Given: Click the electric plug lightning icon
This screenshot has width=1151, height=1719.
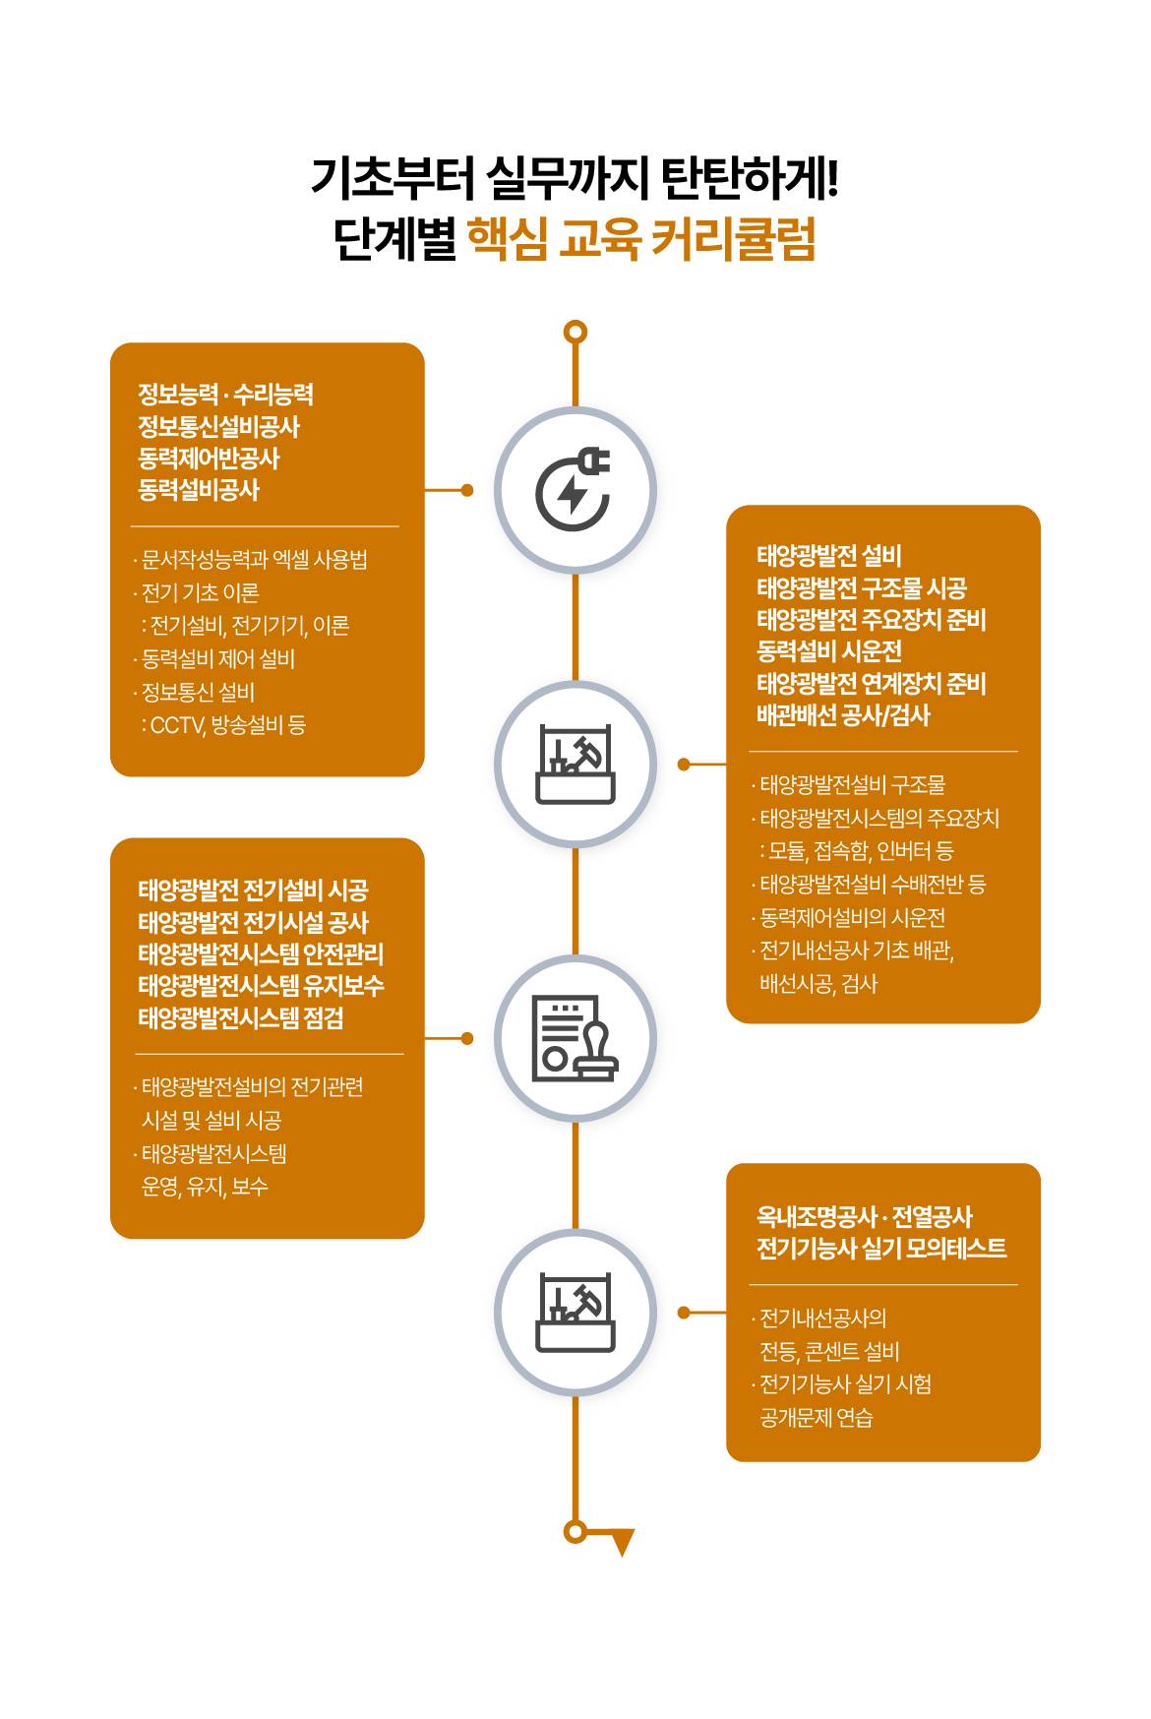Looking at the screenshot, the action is pos(574,489).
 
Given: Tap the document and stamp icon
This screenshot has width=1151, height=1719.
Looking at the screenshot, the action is pos(575,1038).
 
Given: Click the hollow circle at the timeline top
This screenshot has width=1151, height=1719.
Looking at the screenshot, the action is pos(575,332).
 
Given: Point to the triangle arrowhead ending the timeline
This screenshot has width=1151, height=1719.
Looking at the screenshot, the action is pos(622,1542).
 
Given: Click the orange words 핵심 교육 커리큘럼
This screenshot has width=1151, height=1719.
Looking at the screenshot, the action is pos(641,239).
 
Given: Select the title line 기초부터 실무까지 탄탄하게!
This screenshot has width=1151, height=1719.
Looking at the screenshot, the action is pos(575,178).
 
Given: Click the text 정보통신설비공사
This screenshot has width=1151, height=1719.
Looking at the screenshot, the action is pos(218,426).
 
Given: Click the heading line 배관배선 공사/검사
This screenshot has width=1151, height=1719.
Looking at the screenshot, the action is pos(843,715).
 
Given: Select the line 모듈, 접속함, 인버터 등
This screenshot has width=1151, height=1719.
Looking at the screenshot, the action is pos(856,850).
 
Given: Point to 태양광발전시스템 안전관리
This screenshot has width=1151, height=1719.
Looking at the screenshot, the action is pos(261,953).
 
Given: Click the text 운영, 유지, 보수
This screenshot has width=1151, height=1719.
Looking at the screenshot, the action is pos(205,1187).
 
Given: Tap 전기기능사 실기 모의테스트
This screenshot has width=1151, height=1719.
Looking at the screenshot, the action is pos(881,1248).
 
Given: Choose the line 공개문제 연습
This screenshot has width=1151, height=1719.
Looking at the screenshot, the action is pos(817,1417).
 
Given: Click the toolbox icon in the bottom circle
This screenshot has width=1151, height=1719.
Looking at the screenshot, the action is pos(575,1313).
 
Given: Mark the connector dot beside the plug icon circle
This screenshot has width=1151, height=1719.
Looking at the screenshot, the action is pos(467,490).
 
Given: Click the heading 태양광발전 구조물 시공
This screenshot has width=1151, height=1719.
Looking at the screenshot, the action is pos(862,587).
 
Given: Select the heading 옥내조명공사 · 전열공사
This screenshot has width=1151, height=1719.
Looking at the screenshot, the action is pos(865,1216).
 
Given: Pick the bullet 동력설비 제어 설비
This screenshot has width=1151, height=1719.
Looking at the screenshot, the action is pos(215,659).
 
